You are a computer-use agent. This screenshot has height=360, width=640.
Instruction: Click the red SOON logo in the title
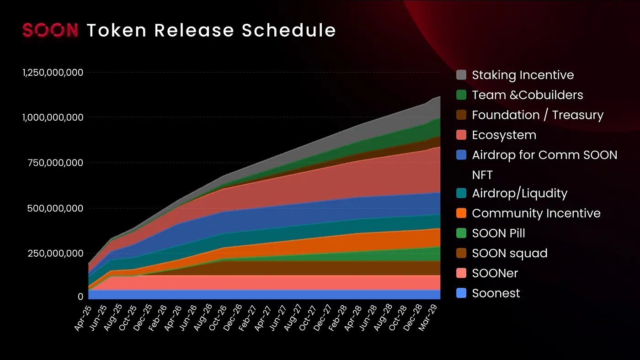click(50, 30)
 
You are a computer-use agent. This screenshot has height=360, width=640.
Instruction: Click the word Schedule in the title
click(289, 30)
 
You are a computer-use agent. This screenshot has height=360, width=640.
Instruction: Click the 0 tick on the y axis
click(80, 296)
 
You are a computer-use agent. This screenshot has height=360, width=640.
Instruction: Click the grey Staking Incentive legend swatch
click(461, 75)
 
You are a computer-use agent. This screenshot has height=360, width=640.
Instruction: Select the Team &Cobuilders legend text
click(528, 95)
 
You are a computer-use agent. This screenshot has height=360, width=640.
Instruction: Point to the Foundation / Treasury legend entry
click(538, 115)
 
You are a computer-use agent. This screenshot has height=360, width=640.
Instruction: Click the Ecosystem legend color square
click(461, 135)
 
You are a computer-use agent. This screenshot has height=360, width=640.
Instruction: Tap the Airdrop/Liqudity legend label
click(519, 193)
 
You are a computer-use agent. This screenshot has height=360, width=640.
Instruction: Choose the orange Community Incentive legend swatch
click(461, 213)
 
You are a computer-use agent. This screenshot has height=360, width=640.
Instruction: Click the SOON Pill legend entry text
click(498, 233)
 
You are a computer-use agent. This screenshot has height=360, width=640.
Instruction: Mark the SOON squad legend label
click(509, 253)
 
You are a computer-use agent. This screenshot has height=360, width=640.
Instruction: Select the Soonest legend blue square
click(461, 293)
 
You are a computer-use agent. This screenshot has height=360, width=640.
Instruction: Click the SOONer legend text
click(495, 273)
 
